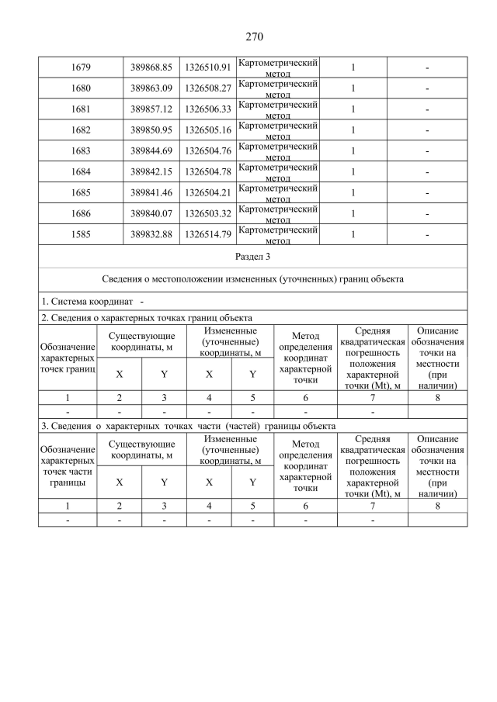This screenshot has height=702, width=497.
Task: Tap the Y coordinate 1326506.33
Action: click(x=208, y=109)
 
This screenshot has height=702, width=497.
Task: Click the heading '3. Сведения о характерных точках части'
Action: click(x=188, y=426)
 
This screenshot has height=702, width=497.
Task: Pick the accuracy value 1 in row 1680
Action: click(x=353, y=88)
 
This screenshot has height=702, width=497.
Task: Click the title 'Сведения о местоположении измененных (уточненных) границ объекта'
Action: click(x=253, y=278)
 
